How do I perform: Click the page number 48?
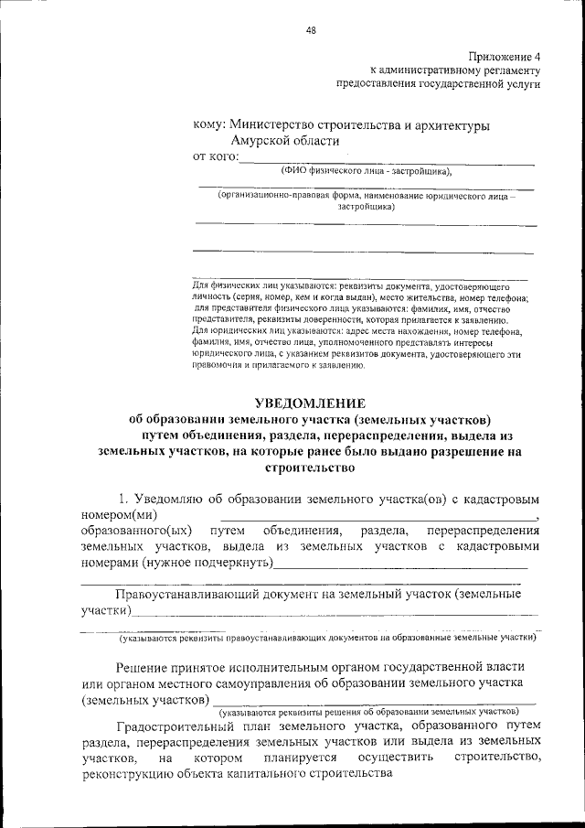tap(311, 30)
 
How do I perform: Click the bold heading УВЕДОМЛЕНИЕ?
tap(309, 403)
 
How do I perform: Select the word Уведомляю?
tap(173, 500)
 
